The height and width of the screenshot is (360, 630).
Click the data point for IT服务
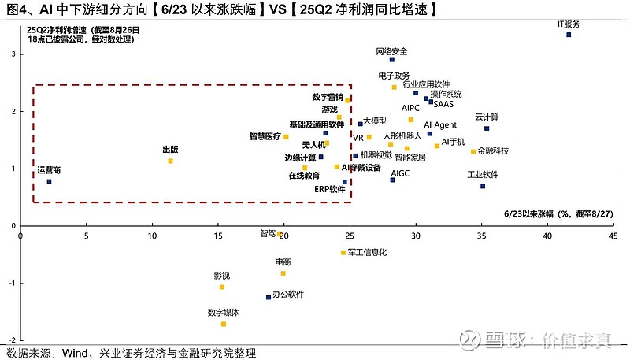pyautogui.click(x=569, y=35)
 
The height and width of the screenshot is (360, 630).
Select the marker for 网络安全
pyautogui.click(x=392, y=60)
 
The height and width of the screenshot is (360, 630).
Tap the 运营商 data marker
pyautogui.click(x=49, y=182)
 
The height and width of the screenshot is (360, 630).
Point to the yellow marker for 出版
pyautogui.click(x=170, y=161)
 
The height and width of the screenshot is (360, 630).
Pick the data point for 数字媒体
pyautogui.click(x=224, y=325)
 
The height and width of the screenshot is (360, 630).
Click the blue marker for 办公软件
pyautogui.click(x=269, y=298)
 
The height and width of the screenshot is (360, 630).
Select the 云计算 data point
pyautogui.click(x=487, y=128)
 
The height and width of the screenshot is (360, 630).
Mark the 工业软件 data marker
pyautogui.click(x=483, y=186)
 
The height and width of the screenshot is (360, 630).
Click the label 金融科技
pyautogui.click(x=493, y=151)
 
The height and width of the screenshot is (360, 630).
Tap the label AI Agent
pyautogui.click(x=440, y=125)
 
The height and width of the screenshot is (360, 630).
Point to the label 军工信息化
pyautogui.click(x=367, y=252)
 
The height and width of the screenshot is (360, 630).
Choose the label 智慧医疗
pyautogui.click(x=265, y=136)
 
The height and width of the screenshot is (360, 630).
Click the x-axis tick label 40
pyautogui.click(x=547, y=236)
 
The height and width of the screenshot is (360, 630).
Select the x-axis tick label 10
pyautogui.click(x=152, y=236)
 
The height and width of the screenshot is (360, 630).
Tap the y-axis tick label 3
pyautogui.click(x=13, y=54)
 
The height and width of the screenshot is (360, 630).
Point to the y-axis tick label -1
pyautogui.click(x=13, y=284)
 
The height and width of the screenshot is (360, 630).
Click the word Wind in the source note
pyautogui.click(x=75, y=353)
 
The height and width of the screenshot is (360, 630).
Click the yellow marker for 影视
pyautogui.click(x=222, y=288)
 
